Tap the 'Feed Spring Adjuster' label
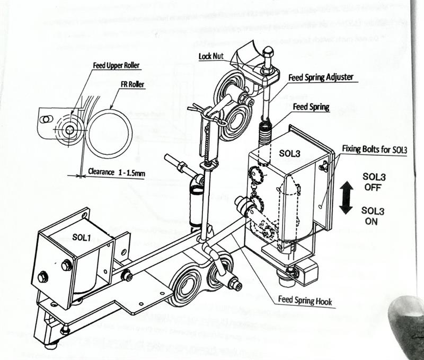click(321, 77)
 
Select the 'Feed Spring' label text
click(311, 107)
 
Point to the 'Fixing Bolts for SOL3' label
click(374, 149)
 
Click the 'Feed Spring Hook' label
click(305, 301)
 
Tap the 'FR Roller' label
click(129, 84)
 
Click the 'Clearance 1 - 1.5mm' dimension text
click(117, 172)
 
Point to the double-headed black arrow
click(346, 197)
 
